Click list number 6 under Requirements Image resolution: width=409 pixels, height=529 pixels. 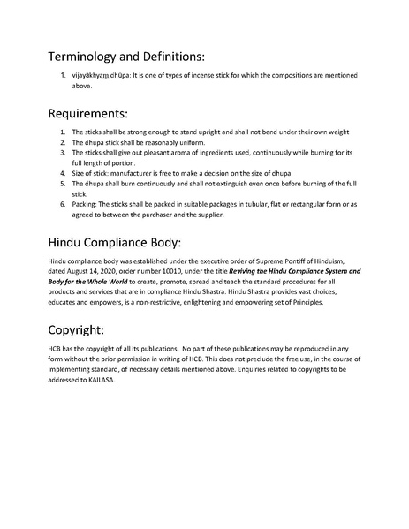coord(63,204)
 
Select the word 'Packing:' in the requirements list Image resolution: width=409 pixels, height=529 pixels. coord(84,204)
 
